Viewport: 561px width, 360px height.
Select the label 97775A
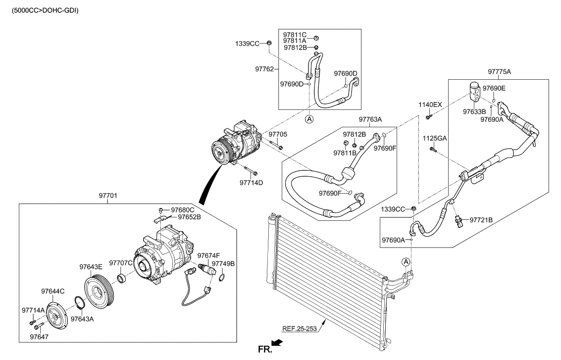click(x=499, y=72)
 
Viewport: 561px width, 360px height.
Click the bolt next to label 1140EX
click(x=428, y=116)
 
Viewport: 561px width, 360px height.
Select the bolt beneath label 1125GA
click(x=433, y=149)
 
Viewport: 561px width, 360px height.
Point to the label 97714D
click(x=252, y=183)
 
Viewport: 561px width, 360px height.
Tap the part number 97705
click(x=278, y=134)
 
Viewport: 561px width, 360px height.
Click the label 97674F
click(x=208, y=255)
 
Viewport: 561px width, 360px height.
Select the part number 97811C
click(x=295, y=34)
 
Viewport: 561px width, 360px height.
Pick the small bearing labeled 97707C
click(x=122, y=278)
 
